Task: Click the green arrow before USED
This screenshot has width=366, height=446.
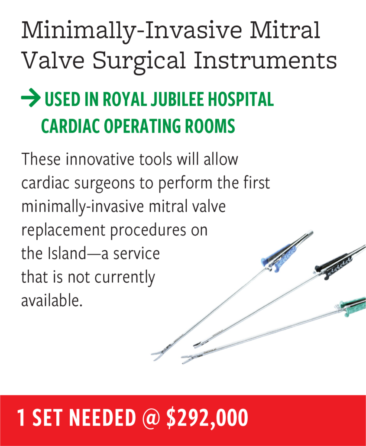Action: [x=31, y=98]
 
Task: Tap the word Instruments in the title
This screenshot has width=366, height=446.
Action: [x=265, y=60]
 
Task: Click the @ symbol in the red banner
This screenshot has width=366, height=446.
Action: [x=151, y=418]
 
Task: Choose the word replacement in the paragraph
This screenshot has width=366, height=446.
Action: [x=63, y=230]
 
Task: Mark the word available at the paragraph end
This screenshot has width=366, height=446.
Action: [x=52, y=301]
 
